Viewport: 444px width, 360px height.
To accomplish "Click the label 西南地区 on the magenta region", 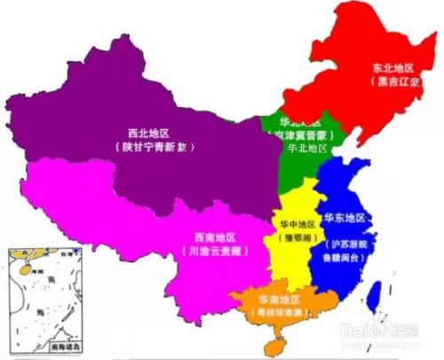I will pyautogui.click(x=214, y=237).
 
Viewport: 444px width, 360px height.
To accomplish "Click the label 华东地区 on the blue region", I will pyautogui.click(x=343, y=217).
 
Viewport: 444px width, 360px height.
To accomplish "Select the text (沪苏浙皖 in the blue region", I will pyautogui.click(x=345, y=242).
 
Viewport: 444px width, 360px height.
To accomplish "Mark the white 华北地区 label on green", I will pyautogui.click(x=304, y=148).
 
